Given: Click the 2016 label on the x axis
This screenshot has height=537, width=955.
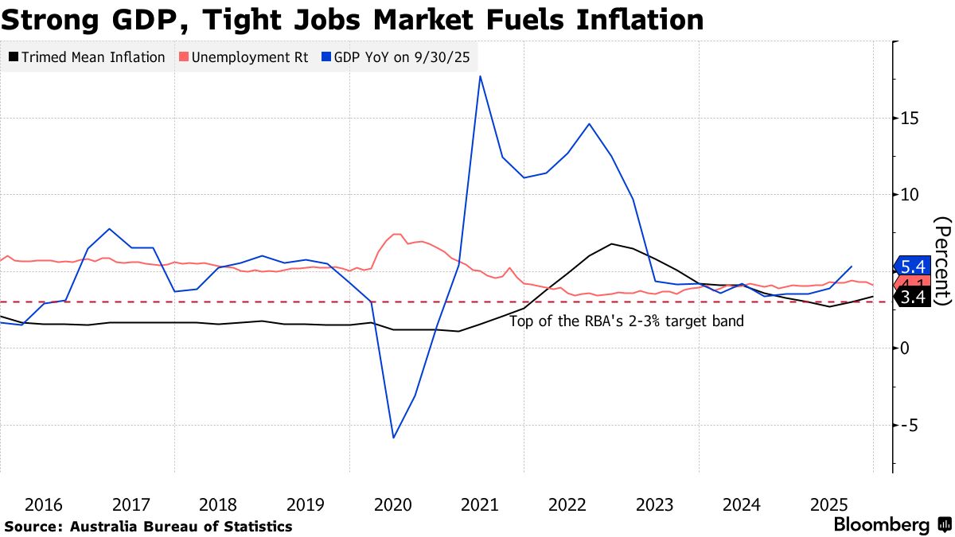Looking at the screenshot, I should coord(44,504).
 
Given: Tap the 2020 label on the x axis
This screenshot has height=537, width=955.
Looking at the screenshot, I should coord(392,504).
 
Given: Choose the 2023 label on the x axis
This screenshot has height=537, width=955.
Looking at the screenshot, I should coord(654,504).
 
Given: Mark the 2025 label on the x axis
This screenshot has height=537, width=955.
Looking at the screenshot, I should coord(828,504).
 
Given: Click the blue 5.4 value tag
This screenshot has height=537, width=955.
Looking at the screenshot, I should coord(911,266).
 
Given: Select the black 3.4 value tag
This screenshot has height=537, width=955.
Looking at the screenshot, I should coord(911,298).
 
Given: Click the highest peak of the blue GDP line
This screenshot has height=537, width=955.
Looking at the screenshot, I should coord(480,76).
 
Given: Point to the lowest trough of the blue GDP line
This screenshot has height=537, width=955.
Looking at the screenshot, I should coord(393,438).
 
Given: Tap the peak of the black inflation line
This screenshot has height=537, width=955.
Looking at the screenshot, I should coord(611,243).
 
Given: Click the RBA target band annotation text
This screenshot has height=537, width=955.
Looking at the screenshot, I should coord(626,322).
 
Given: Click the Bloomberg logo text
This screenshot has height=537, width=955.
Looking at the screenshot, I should coord(881,525).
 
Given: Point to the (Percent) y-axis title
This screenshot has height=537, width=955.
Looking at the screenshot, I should coord(943,261).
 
